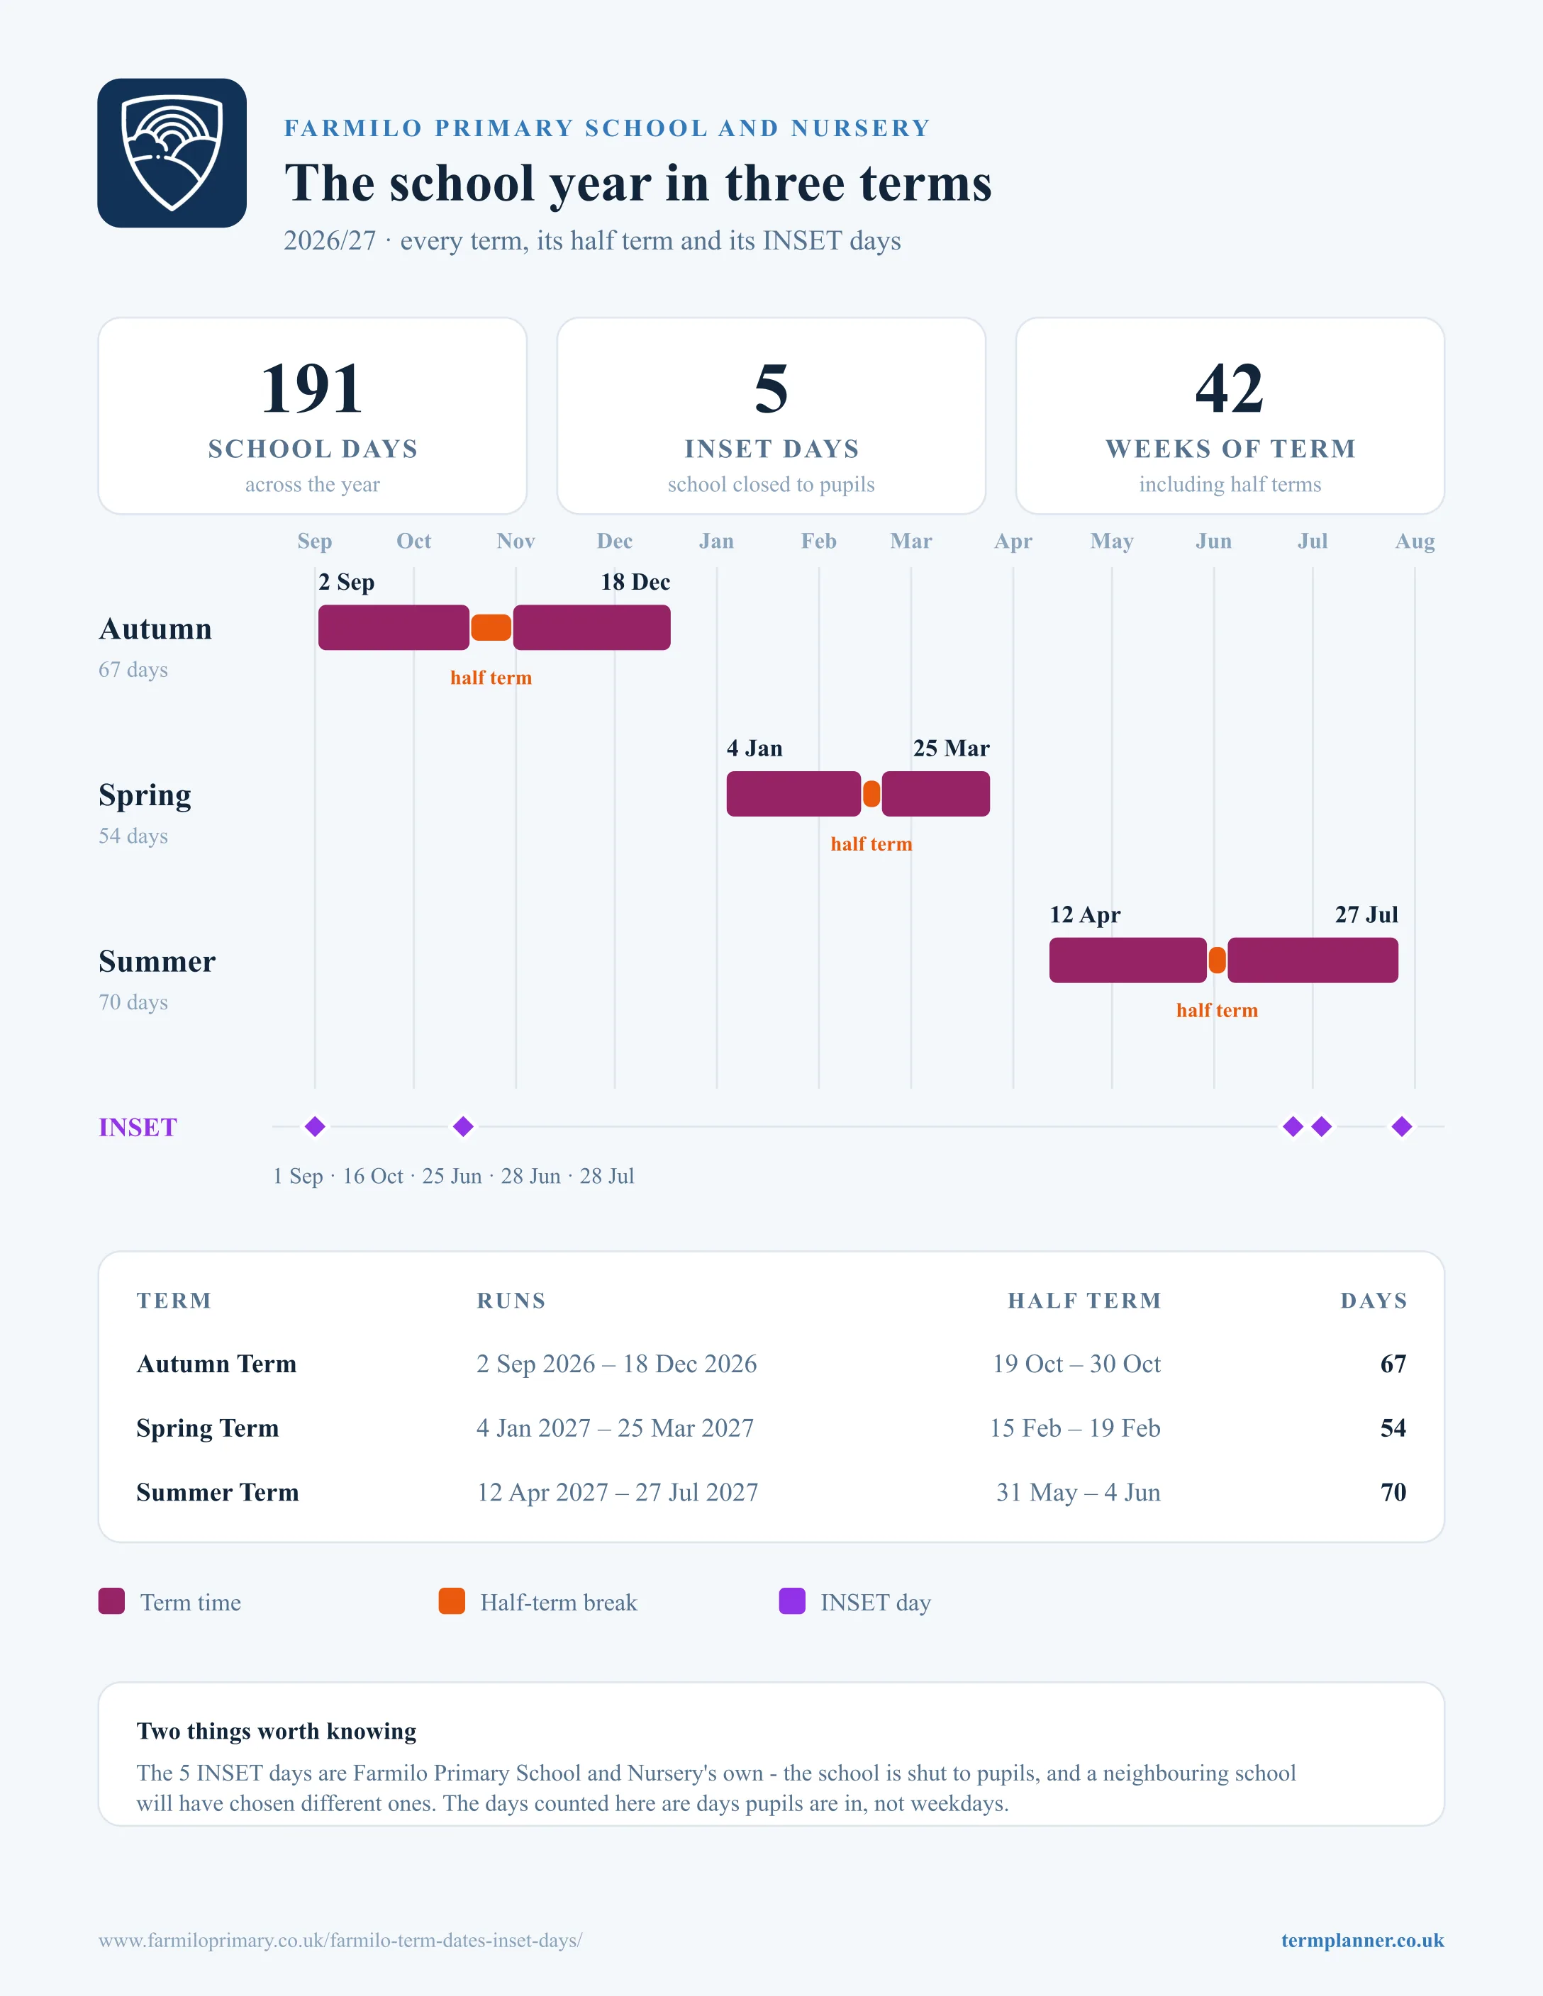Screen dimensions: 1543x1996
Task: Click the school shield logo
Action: (172, 152)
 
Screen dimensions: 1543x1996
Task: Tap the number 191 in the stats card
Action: (312, 388)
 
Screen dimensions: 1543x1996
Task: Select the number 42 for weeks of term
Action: (1230, 388)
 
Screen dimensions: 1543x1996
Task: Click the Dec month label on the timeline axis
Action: (614, 541)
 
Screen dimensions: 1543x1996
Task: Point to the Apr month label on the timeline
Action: (1013, 541)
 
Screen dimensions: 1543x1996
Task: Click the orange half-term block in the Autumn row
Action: (491, 628)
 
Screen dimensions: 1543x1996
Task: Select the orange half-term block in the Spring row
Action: (872, 794)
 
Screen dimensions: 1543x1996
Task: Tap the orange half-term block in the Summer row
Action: (1217, 960)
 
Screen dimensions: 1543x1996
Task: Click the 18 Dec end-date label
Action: (635, 582)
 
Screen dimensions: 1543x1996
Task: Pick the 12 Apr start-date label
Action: (1085, 915)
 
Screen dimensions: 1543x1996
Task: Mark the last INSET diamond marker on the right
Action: (1402, 1127)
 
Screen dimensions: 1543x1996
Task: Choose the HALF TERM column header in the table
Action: (1084, 1301)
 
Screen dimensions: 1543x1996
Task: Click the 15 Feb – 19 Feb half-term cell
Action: (1075, 1428)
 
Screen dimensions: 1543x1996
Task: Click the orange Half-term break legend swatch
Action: (452, 1601)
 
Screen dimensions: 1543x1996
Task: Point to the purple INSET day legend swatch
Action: (791, 1601)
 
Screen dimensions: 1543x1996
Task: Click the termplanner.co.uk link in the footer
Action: (1362, 1940)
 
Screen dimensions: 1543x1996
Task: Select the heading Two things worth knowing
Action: (276, 1731)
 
